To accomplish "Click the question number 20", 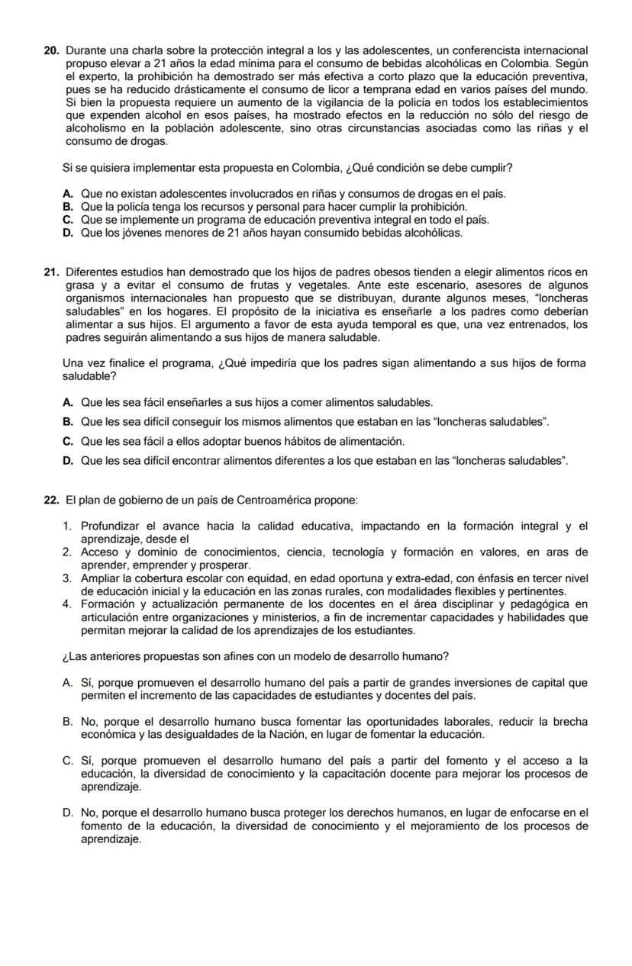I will (x=51, y=50).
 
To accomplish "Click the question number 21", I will (x=51, y=272).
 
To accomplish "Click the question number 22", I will (x=51, y=500).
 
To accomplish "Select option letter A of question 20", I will (x=69, y=195).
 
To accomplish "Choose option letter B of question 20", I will (x=69, y=207).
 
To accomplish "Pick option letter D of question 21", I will (x=69, y=461).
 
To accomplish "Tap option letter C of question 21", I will (x=69, y=441).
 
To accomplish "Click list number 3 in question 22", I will (x=67, y=578).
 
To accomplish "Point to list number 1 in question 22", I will (x=67, y=526).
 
